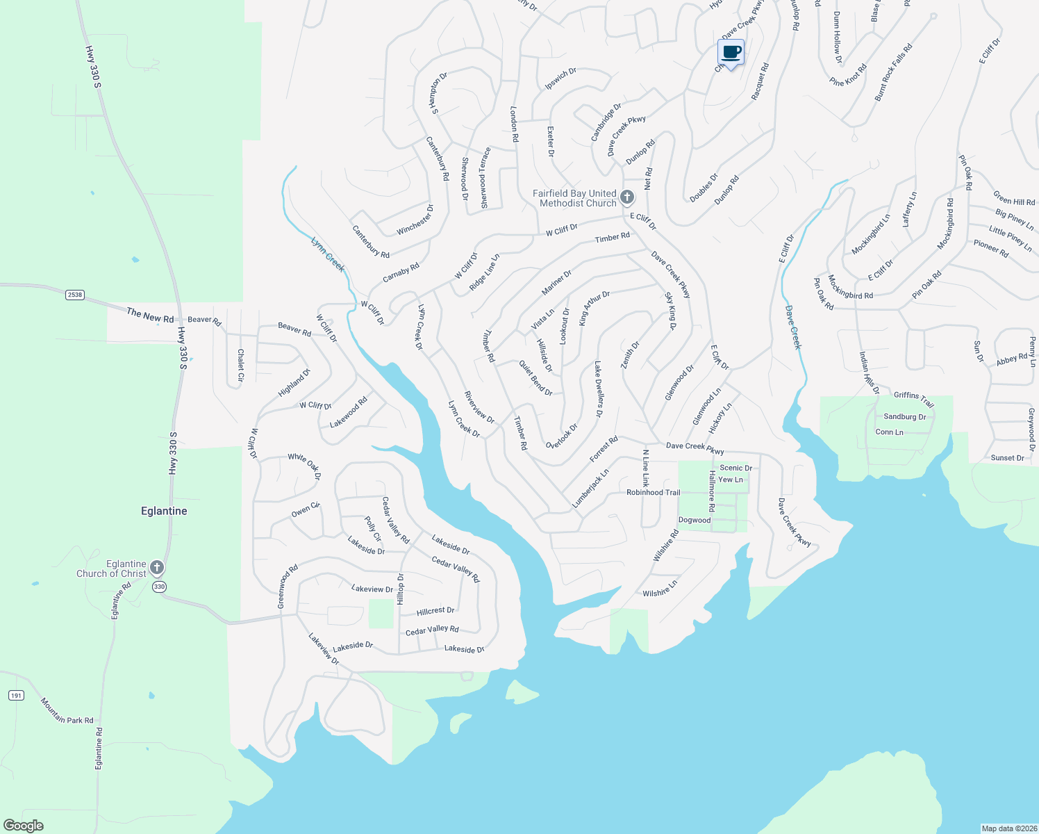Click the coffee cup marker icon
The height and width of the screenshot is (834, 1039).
[731, 52]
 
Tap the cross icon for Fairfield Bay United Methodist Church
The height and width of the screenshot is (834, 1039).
[626, 197]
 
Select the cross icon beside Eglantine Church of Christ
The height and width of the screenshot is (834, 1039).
[157, 568]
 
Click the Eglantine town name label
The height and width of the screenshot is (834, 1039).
[164, 511]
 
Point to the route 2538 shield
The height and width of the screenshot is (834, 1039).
[75, 295]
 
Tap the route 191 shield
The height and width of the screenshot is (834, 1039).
[16, 695]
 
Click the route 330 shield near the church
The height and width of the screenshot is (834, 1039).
[159, 587]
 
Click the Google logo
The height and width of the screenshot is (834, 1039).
[24, 825]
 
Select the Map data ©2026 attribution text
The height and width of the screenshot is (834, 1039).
[1008, 828]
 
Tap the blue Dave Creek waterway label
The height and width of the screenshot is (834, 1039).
[793, 327]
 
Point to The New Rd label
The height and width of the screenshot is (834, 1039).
[150, 316]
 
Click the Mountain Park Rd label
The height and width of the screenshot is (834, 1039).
[67, 711]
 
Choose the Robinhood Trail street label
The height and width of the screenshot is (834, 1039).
[653, 492]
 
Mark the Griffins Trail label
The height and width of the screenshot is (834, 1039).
[913, 399]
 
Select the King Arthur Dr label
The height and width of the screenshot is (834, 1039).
[594, 308]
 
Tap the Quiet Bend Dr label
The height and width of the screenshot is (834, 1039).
[535, 378]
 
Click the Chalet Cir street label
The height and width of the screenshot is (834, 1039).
[240, 365]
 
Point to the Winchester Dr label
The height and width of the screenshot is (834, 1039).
[415, 220]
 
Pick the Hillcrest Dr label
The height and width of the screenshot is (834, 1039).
[435, 611]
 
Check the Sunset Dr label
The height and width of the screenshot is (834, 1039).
[1007, 458]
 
